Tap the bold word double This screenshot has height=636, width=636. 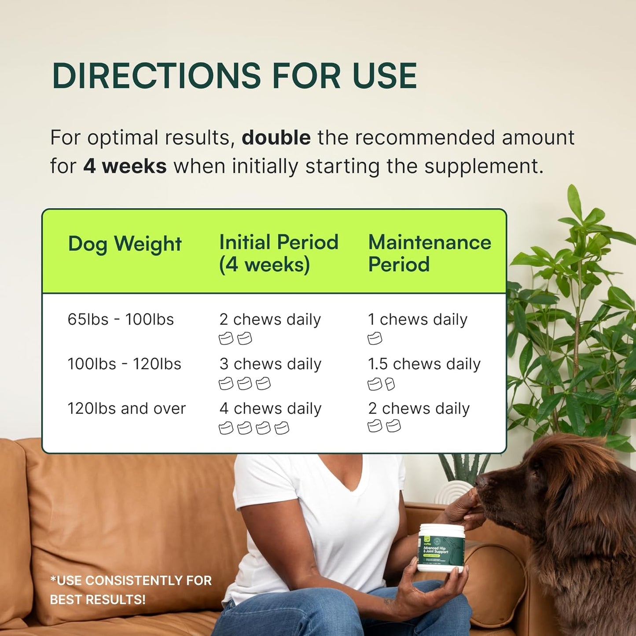pyautogui.click(x=276, y=138)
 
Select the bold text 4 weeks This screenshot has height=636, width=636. pyautogui.click(x=125, y=166)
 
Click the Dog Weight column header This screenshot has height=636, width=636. pyautogui.click(x=125, y=244)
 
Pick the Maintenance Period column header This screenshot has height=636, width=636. pyautogui.click(x=429, y=253)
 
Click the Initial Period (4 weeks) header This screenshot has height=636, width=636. pyautogui.click(x=279, y=253)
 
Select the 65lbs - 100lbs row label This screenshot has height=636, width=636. pyautogui.click(x=121, y=320)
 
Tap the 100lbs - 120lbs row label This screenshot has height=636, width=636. pyautogui.click(x=124, y=364)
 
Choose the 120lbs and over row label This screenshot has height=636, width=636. pyautogui.click(x=126, y=408)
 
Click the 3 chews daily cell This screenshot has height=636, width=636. pyautogui.click(x=270, y=364)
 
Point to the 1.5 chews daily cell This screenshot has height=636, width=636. pyautogui.click(x=424, y=364)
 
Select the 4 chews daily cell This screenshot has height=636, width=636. pyautogui.click(x=270, y=408)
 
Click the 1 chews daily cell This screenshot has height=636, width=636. pyautogui.click(x=417, y=320)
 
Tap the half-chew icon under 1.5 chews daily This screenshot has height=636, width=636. pyautogui.click(x=390, y=385)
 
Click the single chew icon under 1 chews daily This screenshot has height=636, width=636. pyautogui.click(x=375, y=339)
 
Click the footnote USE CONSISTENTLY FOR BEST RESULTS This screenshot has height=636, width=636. pyautogui.click(x=131, y=590)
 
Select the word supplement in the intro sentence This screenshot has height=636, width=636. pyautogui.click(x=483, y=166)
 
